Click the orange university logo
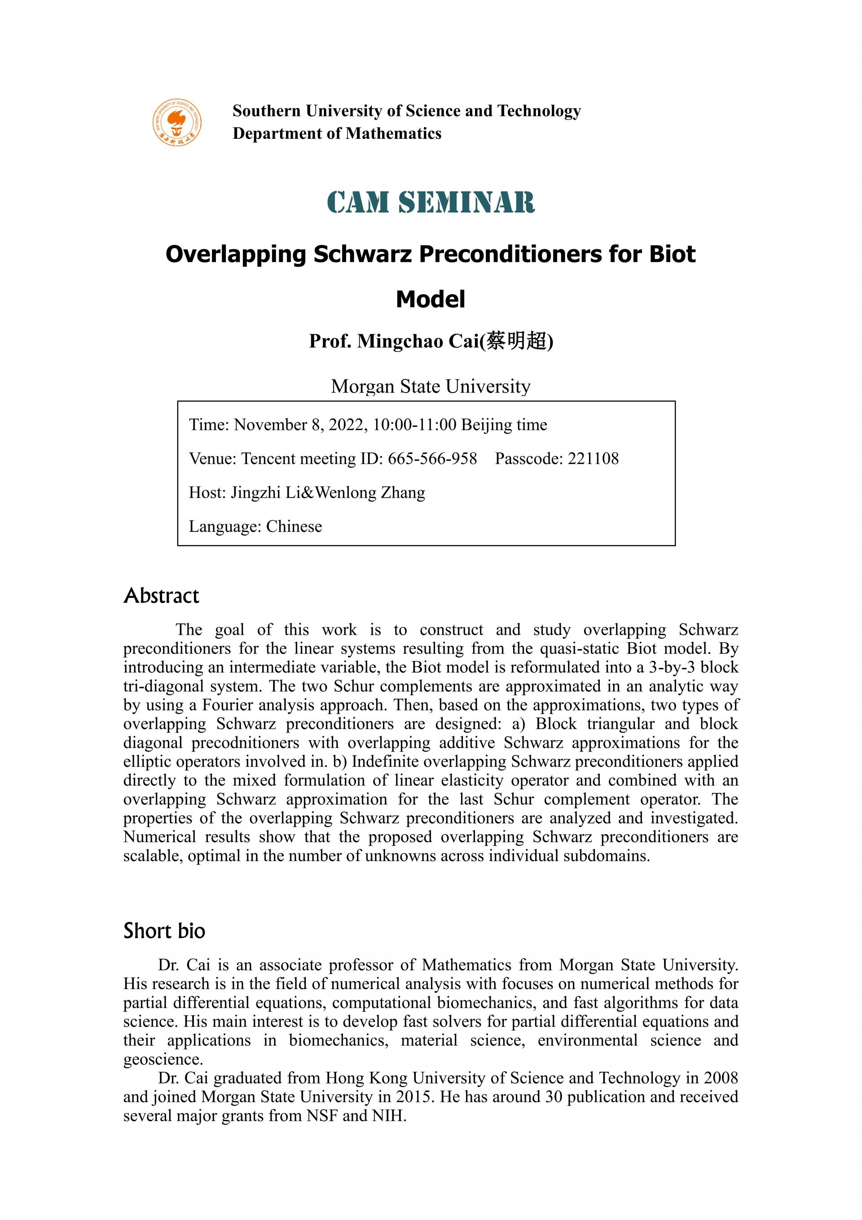(177, 122)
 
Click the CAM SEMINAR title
(431, 203)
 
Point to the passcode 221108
(593, 459)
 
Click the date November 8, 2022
(299, 424)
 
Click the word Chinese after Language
(294, 526)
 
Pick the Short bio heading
(164, 931)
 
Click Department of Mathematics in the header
(337, 133)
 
